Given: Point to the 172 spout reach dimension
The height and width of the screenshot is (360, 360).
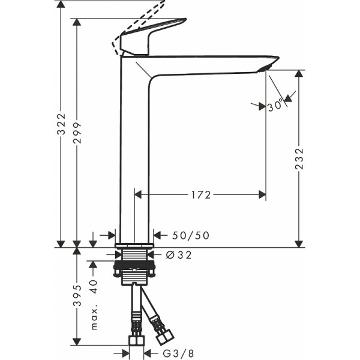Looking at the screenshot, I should (x=201, y=194).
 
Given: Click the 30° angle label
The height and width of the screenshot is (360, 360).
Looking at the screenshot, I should (x=275, y=106).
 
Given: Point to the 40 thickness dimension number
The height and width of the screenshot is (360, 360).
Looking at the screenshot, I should (x=94, y=286).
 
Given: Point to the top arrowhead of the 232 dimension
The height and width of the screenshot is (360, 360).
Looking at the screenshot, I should (x=299, y=74).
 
